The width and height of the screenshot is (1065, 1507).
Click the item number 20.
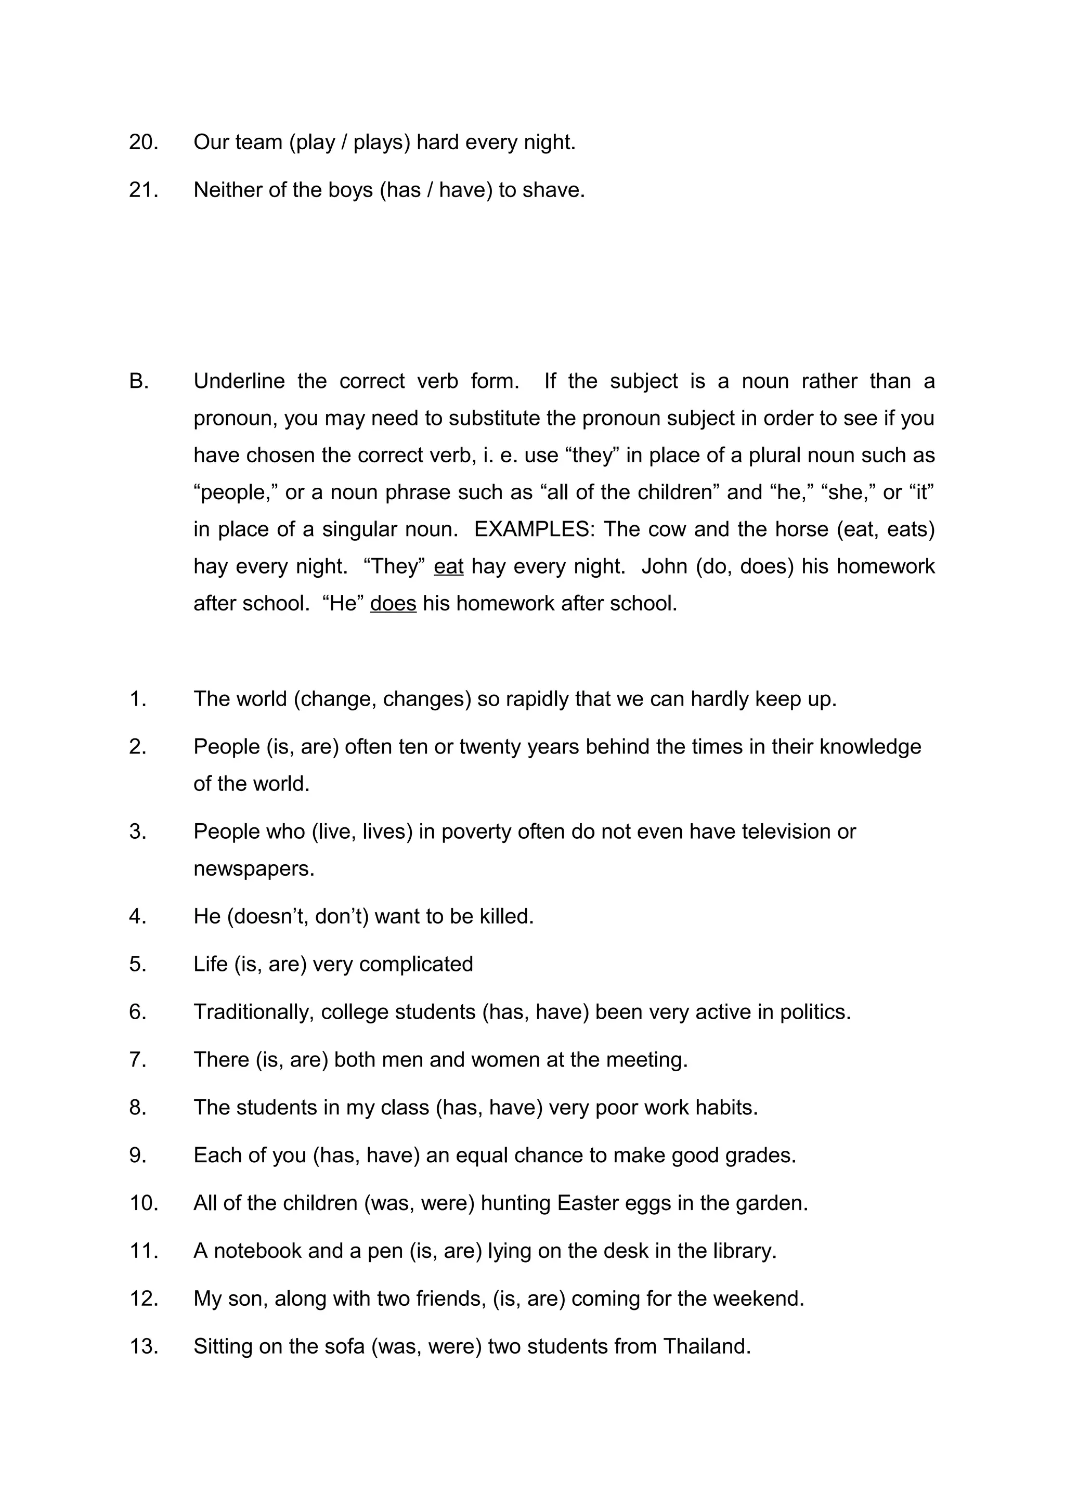coord(143,142)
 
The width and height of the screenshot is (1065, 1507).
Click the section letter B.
coord(138,381)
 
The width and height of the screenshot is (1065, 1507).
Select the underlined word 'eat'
coord(448,566)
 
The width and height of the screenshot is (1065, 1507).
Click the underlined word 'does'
coord(393,603)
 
